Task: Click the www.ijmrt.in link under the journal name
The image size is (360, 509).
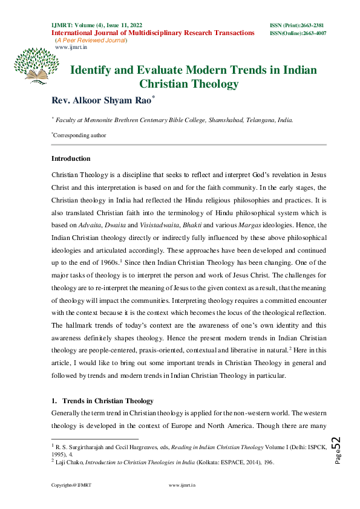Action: pos(68,47)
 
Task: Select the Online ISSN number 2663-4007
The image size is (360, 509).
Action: pos(313,33)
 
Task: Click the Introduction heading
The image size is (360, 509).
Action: pos(71,159)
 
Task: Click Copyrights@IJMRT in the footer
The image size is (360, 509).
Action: pos(71,485)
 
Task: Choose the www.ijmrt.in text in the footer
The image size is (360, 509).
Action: pos(180,485)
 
